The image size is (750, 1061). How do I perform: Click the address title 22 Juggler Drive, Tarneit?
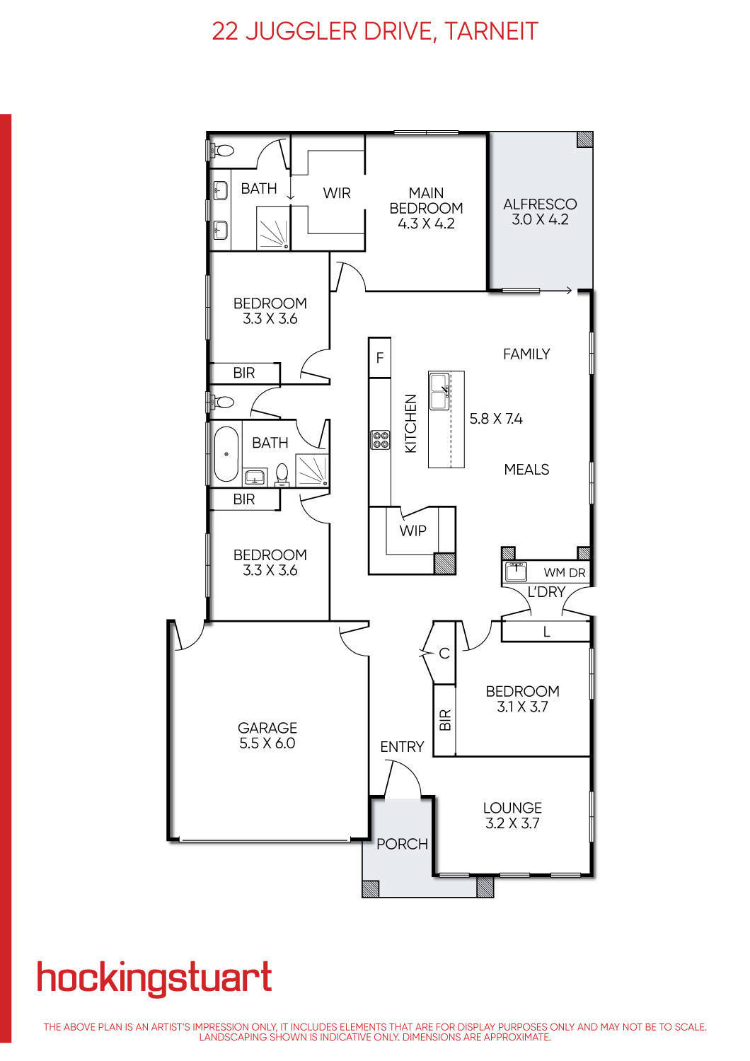coord(375,31)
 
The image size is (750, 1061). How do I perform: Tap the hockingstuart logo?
coord(154,979)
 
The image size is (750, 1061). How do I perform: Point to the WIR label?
coord(337,193)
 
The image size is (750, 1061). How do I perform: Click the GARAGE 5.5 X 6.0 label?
coord(267,735)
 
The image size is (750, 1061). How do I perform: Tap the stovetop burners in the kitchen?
coord(380,440)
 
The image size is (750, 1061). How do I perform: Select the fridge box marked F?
coord(380,358)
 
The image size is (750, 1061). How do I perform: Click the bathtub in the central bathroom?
coord(225,453)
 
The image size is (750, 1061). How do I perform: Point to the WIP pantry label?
coord(412,530)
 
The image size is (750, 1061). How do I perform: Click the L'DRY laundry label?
coord(546,592)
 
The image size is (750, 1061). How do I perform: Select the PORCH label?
coord(402,844)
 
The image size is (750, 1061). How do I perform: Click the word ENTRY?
coord(402,747)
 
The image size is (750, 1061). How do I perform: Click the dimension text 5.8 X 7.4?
coord(496,419)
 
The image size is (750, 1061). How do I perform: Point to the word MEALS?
coord(526,470)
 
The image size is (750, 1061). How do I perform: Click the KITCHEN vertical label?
coord(411,424)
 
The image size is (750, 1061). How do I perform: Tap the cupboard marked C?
coord(444,654)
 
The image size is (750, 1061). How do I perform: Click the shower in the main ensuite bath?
coord(273,231)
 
